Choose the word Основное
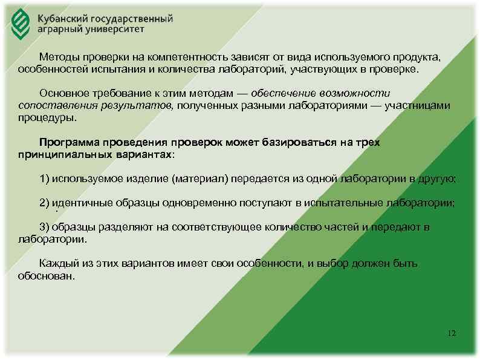(x=63, y=93)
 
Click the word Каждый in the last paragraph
(x=57, y=264)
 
